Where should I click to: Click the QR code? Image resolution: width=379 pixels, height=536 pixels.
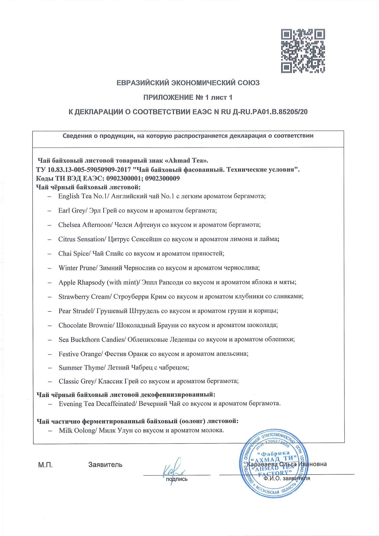coord(303,51)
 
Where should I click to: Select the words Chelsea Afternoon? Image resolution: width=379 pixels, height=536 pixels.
coord(84,225)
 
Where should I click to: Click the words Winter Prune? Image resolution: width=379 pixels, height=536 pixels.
coord(77,268)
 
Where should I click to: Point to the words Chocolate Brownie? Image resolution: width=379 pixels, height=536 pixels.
coord(86,325)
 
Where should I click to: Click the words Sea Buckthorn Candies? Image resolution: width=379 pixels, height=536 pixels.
coord(92,340)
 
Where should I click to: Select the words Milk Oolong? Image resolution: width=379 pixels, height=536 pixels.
coord(78,430)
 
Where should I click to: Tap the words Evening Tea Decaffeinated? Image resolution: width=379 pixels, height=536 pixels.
coord(97,404)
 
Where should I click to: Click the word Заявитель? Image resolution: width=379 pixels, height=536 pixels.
coord(105,465)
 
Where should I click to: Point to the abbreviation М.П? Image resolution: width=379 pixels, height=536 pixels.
coord(46,465)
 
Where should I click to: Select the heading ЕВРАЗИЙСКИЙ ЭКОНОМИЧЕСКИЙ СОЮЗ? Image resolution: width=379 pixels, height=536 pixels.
coord(188,83)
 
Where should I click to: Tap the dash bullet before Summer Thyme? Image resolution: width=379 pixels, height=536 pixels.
coord(50,368)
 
